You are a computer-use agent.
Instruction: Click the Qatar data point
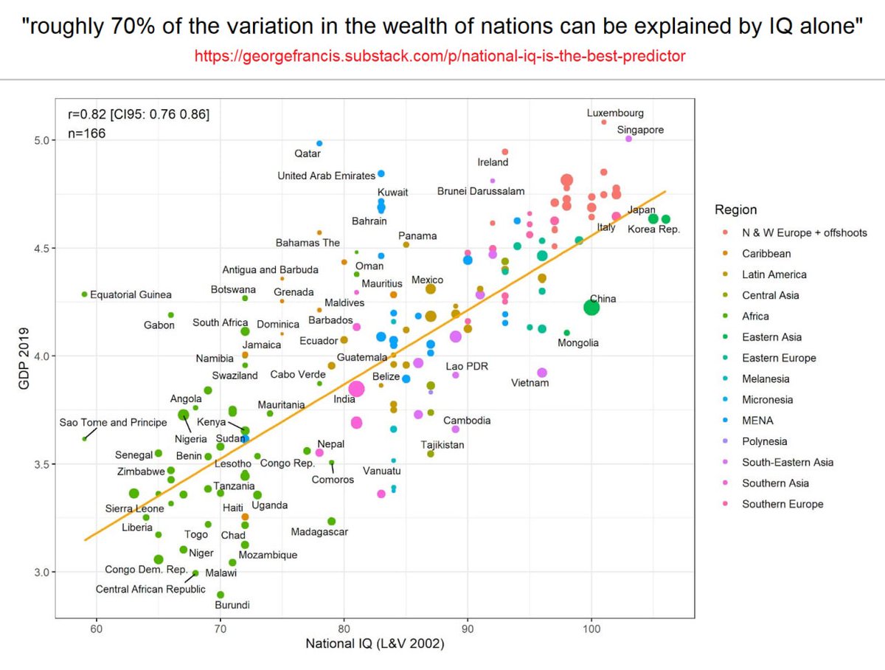pos(319,143)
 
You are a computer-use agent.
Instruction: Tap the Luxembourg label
pos(615,114)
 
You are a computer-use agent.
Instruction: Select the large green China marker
pos(591,308)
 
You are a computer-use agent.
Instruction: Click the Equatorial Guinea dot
pos(84,294)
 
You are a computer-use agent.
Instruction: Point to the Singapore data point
pos(628,139)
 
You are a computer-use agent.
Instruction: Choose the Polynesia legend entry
pos(764,441)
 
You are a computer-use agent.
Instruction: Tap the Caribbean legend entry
pos(766,253)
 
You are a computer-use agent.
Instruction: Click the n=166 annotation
pos(87,134)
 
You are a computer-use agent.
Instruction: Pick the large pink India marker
pos(357,389)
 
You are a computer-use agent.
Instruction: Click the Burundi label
pos(232,605)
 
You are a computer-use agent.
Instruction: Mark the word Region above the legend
pos(735,210)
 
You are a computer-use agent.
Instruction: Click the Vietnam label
pos(530,383)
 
